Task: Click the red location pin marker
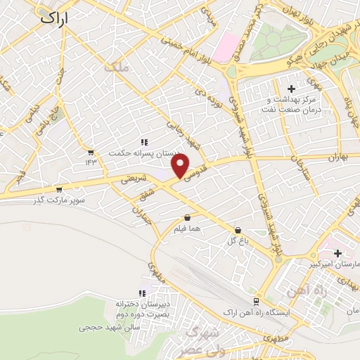(x=181, y=167)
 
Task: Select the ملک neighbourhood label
(x=116, y=67)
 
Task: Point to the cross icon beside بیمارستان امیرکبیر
(x=338, y=253)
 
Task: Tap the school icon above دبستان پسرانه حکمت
(x=144, y=143)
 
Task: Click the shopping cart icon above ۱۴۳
(x=91, y=152)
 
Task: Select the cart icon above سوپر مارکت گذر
(x=58, y=189)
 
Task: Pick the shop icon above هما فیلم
(x=187, y=218)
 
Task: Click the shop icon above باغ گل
(x=238, y=229)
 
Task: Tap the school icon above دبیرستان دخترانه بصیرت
(x=143, y=293)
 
